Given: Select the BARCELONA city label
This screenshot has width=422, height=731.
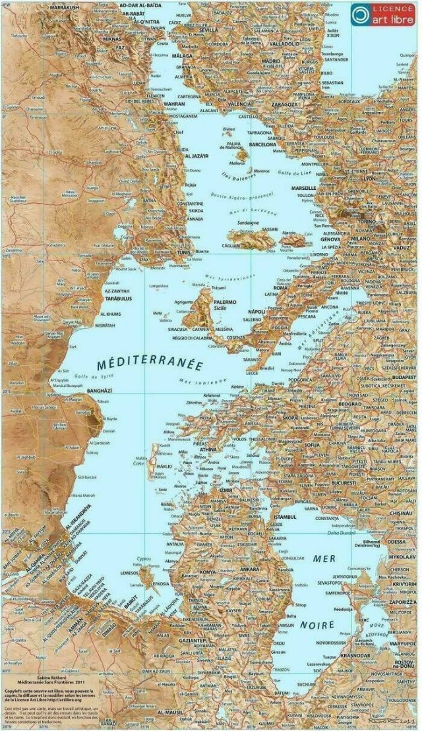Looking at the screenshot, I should coord(262,144).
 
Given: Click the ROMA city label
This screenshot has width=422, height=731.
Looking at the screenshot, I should coord(281,288).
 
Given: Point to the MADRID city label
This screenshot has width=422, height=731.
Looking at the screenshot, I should coord(272,61).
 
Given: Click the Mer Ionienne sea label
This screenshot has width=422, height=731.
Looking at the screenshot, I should coord(204,382).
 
